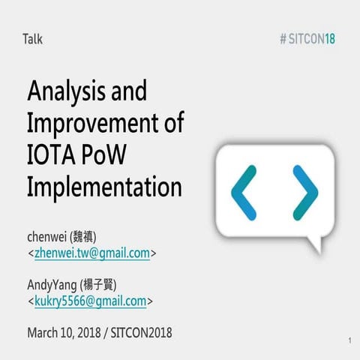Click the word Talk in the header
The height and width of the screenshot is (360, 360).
pos(33,39)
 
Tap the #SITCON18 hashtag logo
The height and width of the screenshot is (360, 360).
pos(307,39)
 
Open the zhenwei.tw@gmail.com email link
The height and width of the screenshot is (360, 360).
pos(92,253)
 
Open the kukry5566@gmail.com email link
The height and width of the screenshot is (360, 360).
pos(90,301)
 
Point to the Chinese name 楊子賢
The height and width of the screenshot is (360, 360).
pos(101,285)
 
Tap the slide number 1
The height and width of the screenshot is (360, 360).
pos(350,342)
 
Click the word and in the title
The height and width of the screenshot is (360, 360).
pos(130,93)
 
